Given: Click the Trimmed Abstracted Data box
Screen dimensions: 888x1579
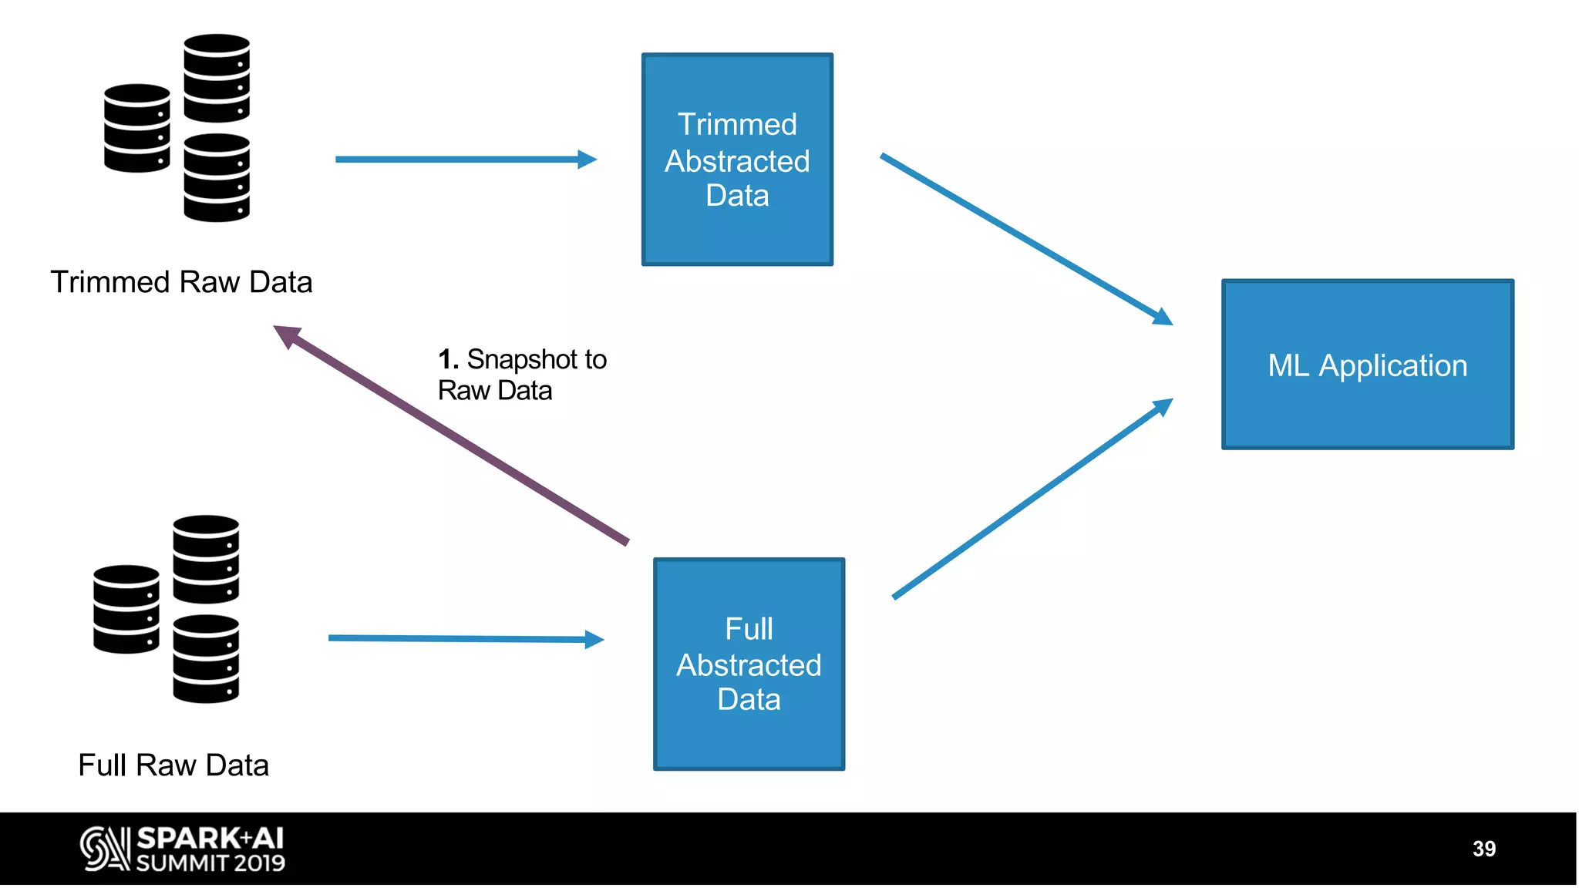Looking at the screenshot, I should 737,160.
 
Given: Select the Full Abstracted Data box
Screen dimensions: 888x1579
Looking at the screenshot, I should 749,664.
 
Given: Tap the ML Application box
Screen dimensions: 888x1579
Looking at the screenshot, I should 1367,365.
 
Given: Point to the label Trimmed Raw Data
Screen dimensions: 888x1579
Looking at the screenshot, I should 181,282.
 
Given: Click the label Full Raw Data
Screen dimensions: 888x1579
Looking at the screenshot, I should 173,765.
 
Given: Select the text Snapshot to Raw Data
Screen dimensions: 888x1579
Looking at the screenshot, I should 522,375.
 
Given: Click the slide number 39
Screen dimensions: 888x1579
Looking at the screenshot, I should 1483,849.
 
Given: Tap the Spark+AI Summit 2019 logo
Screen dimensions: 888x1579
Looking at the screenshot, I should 183,849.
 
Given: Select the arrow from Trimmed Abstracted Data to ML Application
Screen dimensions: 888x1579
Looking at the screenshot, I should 1025,239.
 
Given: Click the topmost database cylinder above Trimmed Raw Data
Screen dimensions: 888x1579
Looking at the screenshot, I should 217,78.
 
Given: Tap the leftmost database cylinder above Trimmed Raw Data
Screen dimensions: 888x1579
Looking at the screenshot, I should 136,128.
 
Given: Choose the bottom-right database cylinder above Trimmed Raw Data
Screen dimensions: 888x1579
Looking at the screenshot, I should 217,177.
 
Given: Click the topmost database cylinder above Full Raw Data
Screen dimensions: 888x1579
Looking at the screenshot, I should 206,559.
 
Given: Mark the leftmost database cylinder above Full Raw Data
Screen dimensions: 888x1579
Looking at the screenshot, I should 126,609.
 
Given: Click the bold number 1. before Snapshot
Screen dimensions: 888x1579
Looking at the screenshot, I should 448,359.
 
